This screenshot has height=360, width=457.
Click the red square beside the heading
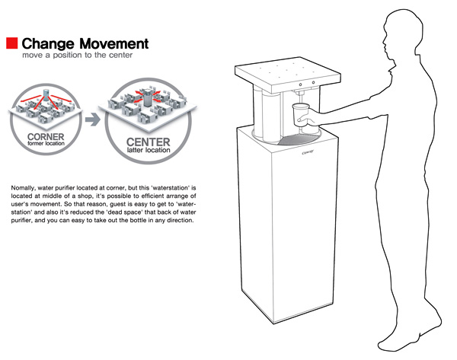pyautogui.click(x=12, y=43)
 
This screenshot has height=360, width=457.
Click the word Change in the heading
pyautogui.click(x=48, y=44)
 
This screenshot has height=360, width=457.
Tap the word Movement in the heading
pyautogui.click(x=114, y=43)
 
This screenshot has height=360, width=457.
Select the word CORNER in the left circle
pyautogui.click(x=46, y=136)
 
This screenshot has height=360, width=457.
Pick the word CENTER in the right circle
pyautogui.click(x=149, y=142)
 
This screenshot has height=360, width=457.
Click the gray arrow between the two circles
pyautogui.click(x=93, y=119)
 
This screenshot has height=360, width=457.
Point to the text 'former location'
pyautogui.click(x=46, y=143)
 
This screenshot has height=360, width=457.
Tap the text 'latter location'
pyautogui.click(x=149, y=150)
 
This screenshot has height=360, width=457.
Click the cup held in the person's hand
pyautogui.click(x=301, y=114)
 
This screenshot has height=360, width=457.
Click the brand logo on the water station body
pyautogui.click(x=308, y=152)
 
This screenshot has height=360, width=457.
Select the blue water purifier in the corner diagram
pyautogui.click(x=46, y=95)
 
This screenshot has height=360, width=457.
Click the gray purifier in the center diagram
pyautogui.click(x=148, y=98)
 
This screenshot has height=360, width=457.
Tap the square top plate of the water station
pyautogui.click(x=288, y=74)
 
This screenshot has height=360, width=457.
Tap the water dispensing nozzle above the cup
pyautogui.click(x=300, y=94)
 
